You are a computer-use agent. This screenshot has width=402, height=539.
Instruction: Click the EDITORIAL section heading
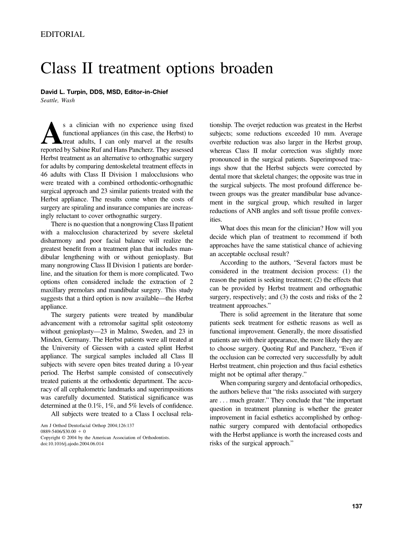[62, 34]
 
